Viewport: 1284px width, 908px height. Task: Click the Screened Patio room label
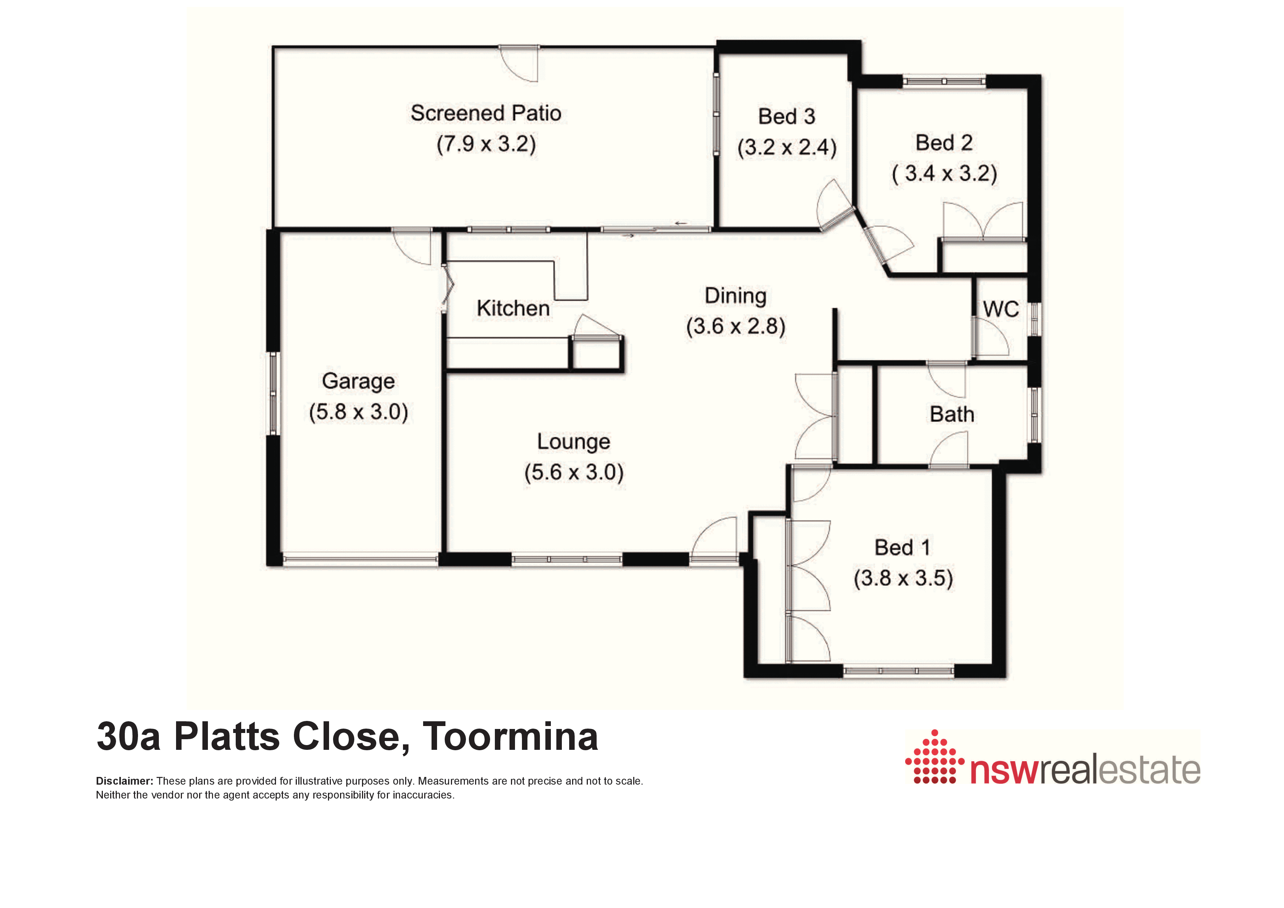[486, 113]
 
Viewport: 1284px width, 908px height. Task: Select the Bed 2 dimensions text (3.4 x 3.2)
[945, 174]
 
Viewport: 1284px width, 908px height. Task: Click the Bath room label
[952, 414]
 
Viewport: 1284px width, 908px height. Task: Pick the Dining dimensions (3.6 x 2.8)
[736, 326]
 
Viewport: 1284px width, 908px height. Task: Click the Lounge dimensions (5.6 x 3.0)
[574, 472]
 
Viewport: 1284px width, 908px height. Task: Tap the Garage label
[358, 382]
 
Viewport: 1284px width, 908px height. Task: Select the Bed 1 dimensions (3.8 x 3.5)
[903, 578]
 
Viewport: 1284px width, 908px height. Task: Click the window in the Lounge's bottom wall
[567, 559]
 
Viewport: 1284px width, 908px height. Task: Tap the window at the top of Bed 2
[944, 82]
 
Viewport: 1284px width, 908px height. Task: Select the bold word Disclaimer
[124, 781]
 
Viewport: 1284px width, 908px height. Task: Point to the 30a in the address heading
[128, 736]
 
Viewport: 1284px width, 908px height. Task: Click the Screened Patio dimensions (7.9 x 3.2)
[486, 144]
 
